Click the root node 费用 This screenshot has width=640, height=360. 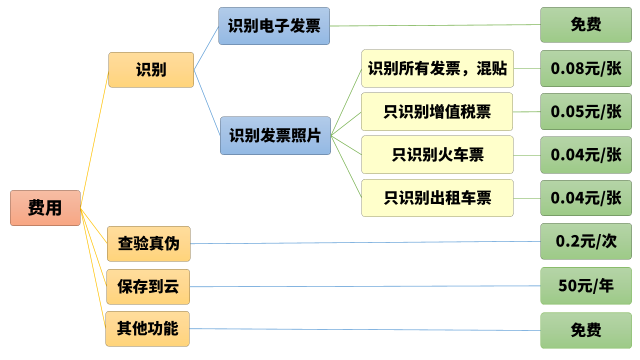pyautogui.click(x=45, y=207)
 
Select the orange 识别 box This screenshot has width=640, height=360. pyautogui.click(x=151, y=69)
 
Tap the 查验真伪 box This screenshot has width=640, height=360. pyautogui.click(x=148, y=243)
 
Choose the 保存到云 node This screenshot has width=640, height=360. pyautogui.click(x=148, y=286)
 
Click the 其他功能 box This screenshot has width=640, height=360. pyautogui.click(x=147, y=328)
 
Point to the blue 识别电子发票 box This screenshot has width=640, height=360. pyautogui.click(x=274, y=26)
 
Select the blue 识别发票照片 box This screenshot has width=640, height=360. pyautogui.click(x=275, y=135)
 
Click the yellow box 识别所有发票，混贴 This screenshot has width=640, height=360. pyautogui.click(x=437, y=68)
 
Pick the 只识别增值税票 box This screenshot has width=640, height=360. pyautogui.click(x=437, y=111)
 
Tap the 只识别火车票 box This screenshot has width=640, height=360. pyautogui.click(x=437, y=154)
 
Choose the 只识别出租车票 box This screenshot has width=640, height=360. pyautogui.click(x=437, y=198)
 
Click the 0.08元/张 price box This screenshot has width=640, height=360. pyautogui.click(x=586, y=68)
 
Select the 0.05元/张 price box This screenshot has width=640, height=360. pyautogui.click(x=586, y=111)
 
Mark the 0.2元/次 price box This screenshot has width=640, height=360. pyautogui.click(x=586, y=241)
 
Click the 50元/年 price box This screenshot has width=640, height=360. pyautogui.click(x=586, y=285)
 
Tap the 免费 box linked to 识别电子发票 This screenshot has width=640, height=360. pyautogui.click(x=586, y=24)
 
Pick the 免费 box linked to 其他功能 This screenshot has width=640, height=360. pyautogui.click(x=586, y=330)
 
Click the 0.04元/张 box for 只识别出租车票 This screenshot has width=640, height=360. pyautogui.click(x=586, y=198)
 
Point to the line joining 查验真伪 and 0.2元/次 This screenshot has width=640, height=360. pyautogui.click(x=365, y=242)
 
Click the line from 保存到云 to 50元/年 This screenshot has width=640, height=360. pyautogui.click(x=365, y=286)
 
